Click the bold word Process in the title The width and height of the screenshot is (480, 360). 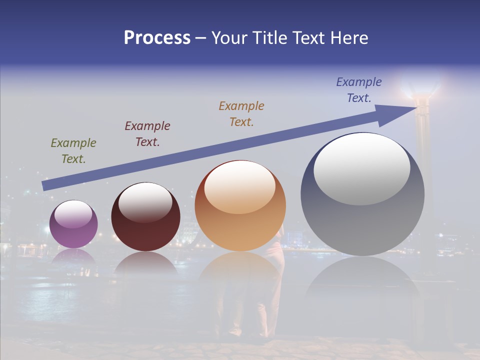[x=157, y=38]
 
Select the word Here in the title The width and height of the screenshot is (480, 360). [x=348, y=38]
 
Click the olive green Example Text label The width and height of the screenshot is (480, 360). [x=73, y=151]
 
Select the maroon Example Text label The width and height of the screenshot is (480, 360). [x=147, y=134]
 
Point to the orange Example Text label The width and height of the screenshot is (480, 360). [x=241, y=114]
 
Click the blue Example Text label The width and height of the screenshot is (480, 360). [x=358, y=90]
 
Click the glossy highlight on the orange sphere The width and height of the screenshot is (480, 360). [x=239, y=187]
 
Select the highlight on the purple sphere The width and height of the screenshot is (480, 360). [x=73, y=214]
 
